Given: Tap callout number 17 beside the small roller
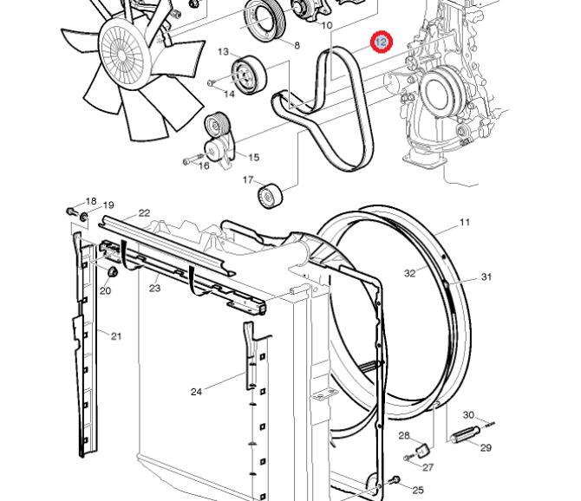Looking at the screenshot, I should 247,180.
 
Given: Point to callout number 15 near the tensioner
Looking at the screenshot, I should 254,157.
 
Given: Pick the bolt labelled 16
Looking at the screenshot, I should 189,160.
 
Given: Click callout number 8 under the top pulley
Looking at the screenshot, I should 297,45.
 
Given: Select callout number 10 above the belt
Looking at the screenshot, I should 327,25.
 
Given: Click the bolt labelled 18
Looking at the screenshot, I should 71,211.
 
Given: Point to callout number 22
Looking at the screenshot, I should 144,212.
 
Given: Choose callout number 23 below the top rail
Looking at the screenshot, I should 154,288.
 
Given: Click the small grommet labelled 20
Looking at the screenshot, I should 112,273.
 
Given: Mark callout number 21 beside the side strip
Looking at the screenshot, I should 116,335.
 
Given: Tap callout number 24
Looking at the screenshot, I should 196,392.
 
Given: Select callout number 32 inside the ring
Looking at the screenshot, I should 410,273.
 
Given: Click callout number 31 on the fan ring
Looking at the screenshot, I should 486,277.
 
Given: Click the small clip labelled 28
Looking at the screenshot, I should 421,449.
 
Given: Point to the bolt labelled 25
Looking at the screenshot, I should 395,479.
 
